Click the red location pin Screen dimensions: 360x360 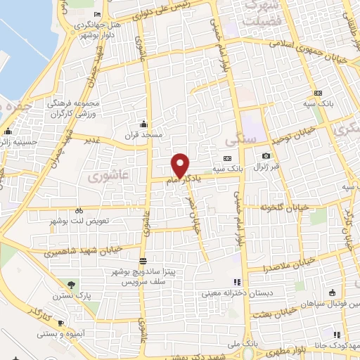click(x=181, y=165)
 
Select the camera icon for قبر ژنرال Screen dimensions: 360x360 click(x=265, y=155)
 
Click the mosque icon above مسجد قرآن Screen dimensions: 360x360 click(x=143, y=123)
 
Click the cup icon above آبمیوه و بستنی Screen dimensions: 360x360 click(x=61, y=323)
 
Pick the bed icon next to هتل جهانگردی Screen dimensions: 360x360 click(x=97, y=15)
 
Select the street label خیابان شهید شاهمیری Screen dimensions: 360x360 click(x=82, y=249)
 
